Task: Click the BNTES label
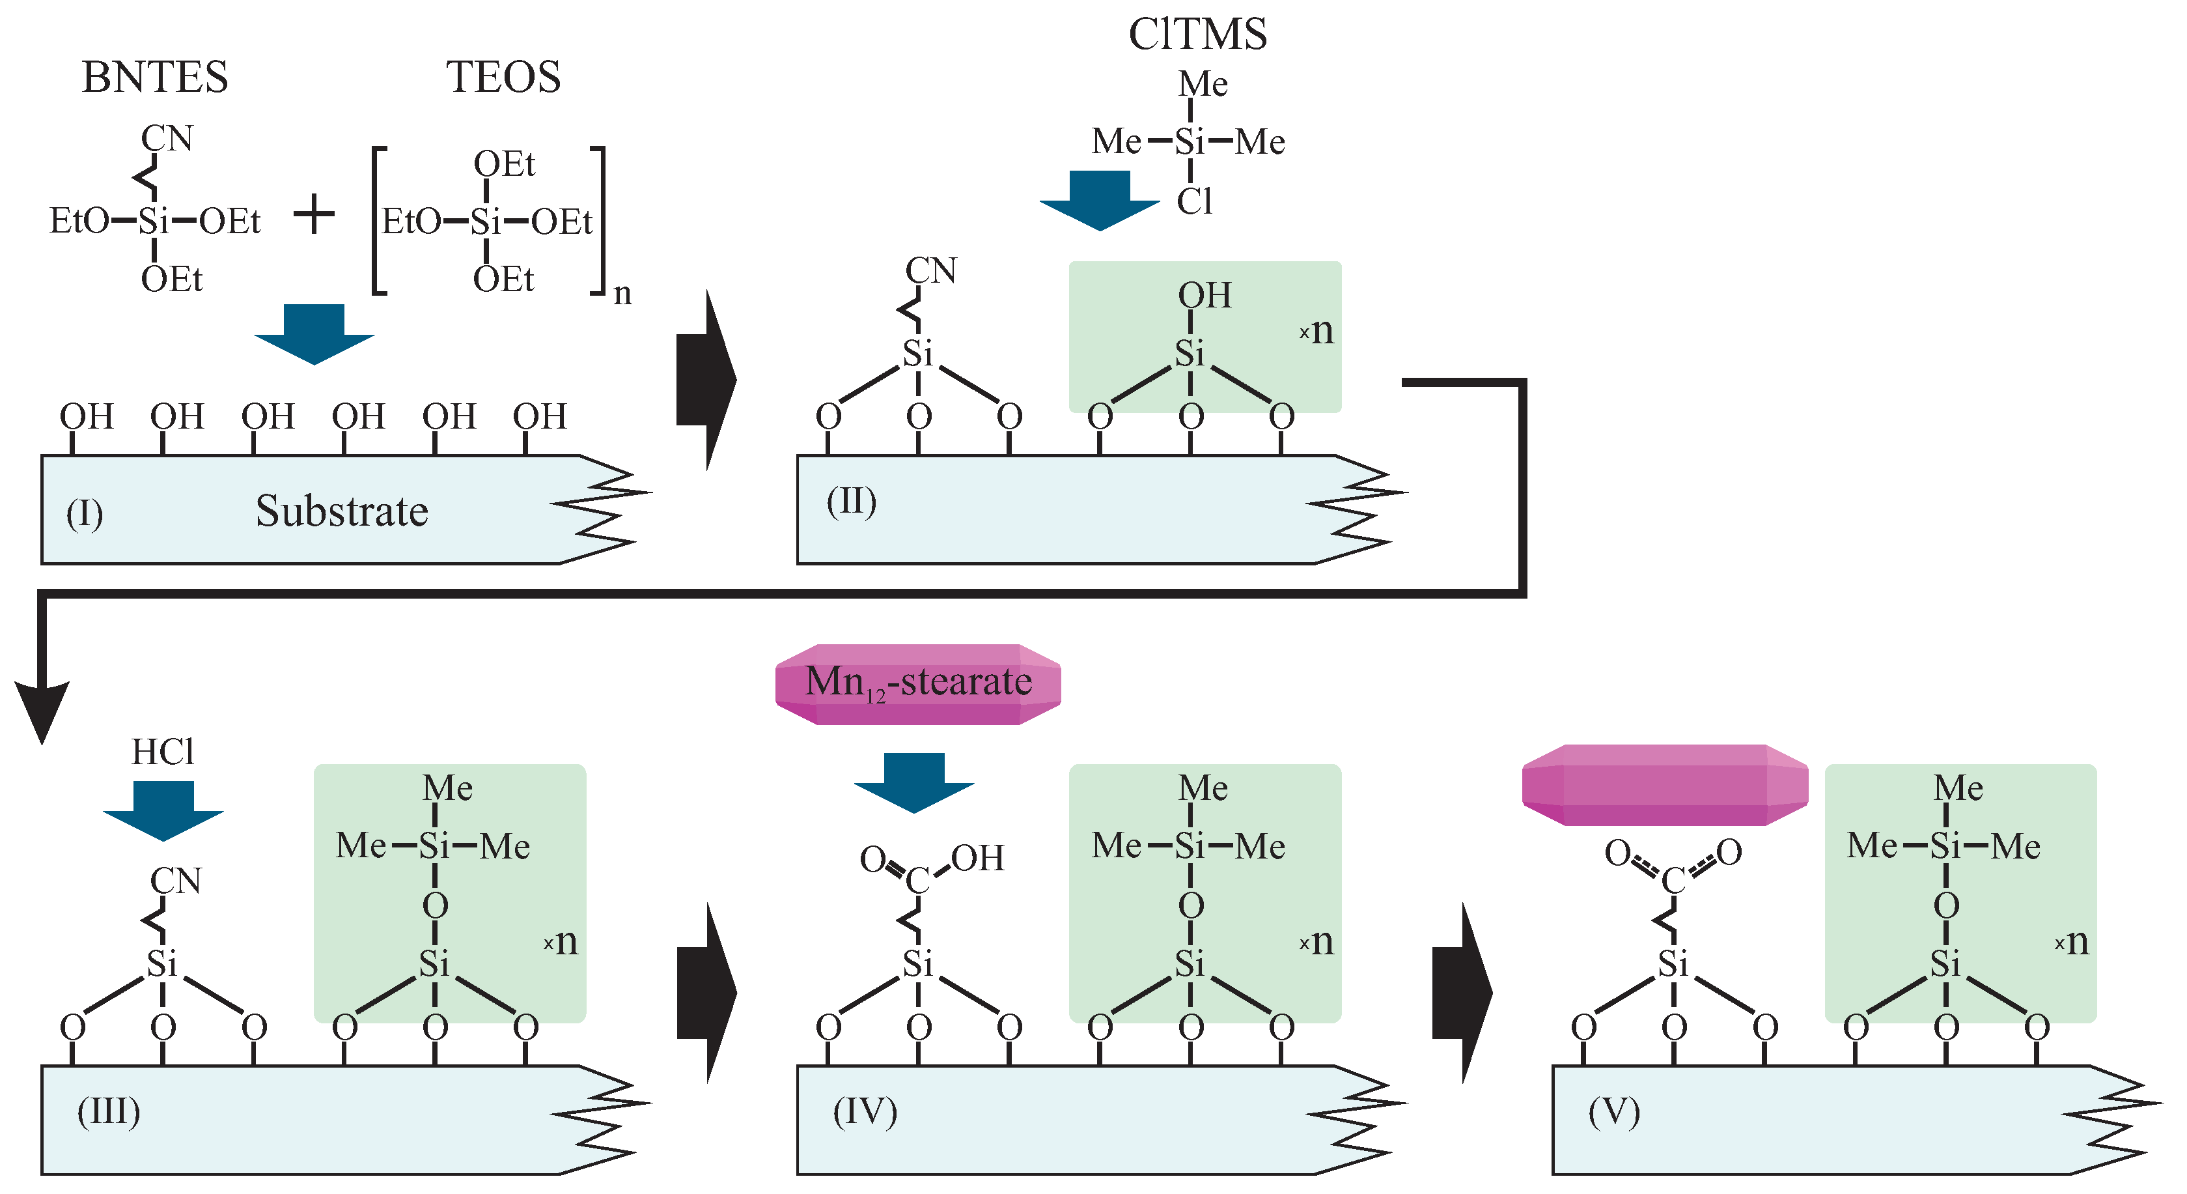156,78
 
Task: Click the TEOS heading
503,78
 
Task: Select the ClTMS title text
1197,35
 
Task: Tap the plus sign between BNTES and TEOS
314,214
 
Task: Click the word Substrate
342,511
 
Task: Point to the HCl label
163,752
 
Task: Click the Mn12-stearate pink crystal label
918,683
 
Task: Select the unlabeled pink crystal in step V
1664,785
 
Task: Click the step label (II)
852,501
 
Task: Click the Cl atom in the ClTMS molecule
1193,202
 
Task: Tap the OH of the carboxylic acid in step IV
977,859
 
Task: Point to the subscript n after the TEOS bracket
622,293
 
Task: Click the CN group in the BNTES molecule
167,139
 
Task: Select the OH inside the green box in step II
1204,296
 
